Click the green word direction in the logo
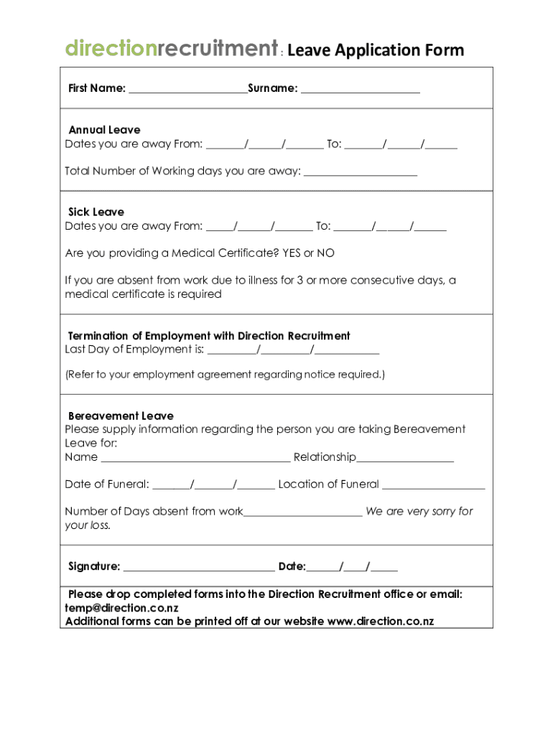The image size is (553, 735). pos(111,49)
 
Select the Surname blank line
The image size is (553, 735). pos(360,90)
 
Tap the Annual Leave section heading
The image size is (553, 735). pos(104,130)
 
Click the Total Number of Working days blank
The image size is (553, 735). pos(361,172)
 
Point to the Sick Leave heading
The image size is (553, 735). pos(96,212)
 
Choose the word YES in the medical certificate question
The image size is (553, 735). pos(292,253)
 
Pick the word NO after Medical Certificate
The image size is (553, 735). pos(326,253)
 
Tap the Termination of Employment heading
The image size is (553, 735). pos(209,336)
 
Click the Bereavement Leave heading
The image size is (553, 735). pos(121,416)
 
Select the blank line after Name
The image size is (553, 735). pos(195,459)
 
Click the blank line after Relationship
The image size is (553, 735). pos(405,459)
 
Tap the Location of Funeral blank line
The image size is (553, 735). pos(434,486)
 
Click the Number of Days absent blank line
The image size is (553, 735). pos(303,513)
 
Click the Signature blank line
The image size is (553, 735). pos(199,568)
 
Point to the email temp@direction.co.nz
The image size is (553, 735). pos(121,608)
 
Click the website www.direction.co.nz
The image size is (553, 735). pos(381,622)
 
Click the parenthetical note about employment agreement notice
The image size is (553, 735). pos(225,375)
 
